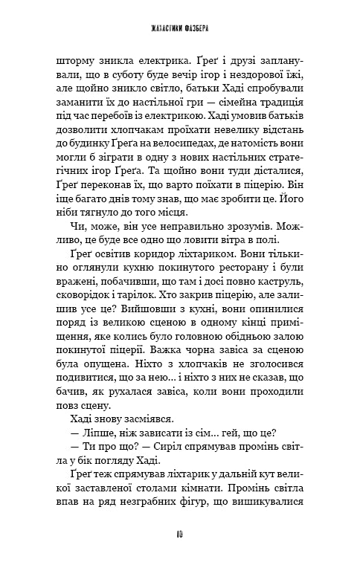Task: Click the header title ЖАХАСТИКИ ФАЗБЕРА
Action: [x=180, y=30]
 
